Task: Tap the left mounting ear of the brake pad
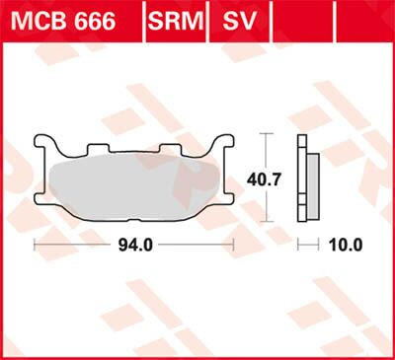41,144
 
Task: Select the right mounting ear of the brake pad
226,144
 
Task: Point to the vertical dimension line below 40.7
263,208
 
